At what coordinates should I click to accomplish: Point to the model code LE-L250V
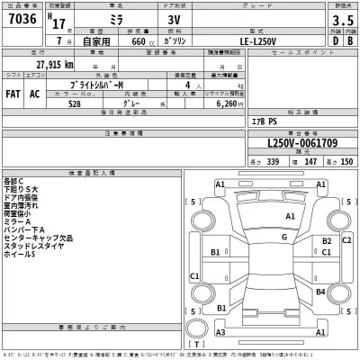pyautogui.click(x=246, y=40)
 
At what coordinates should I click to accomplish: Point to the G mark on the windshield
pyautogui.click(x=283, y=237)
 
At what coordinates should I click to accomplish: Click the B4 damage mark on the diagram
pyautogui.click(x=320, y=292)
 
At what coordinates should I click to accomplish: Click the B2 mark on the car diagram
pyautogui.click(x=326, y=241)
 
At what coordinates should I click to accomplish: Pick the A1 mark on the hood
pyautogui.click(x=291, y=217)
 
